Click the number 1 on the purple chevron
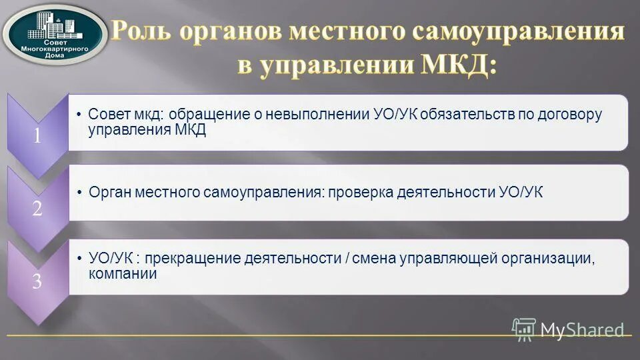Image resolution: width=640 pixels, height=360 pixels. click(x=37, y=135)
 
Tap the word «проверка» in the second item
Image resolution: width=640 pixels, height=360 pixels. click(x=357, y=193)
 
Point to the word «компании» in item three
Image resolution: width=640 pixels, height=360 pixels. click(x=123, y=274)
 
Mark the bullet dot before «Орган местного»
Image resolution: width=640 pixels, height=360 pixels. click(x=79, y=192)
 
